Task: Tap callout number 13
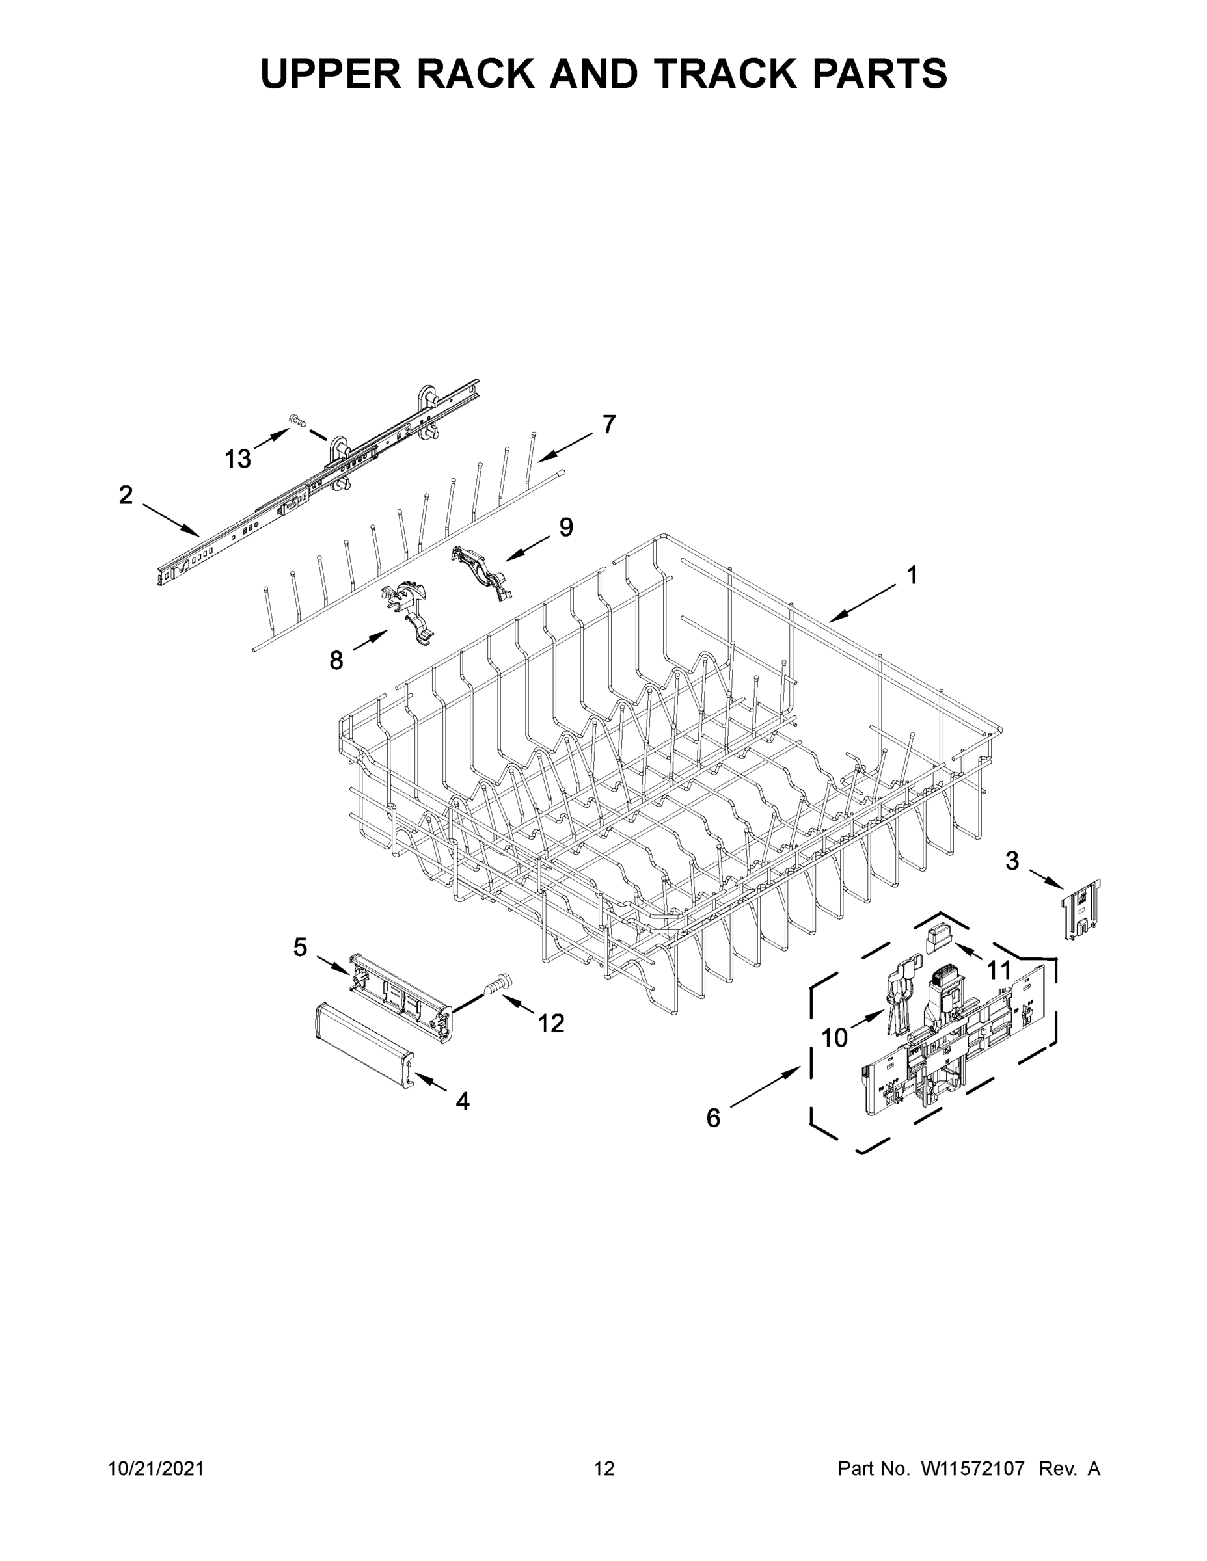click(237, 459)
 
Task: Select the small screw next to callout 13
click(295, 420)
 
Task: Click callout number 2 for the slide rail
click(126, 494)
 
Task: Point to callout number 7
click(608, 425)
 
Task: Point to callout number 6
click(713, 1118)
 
